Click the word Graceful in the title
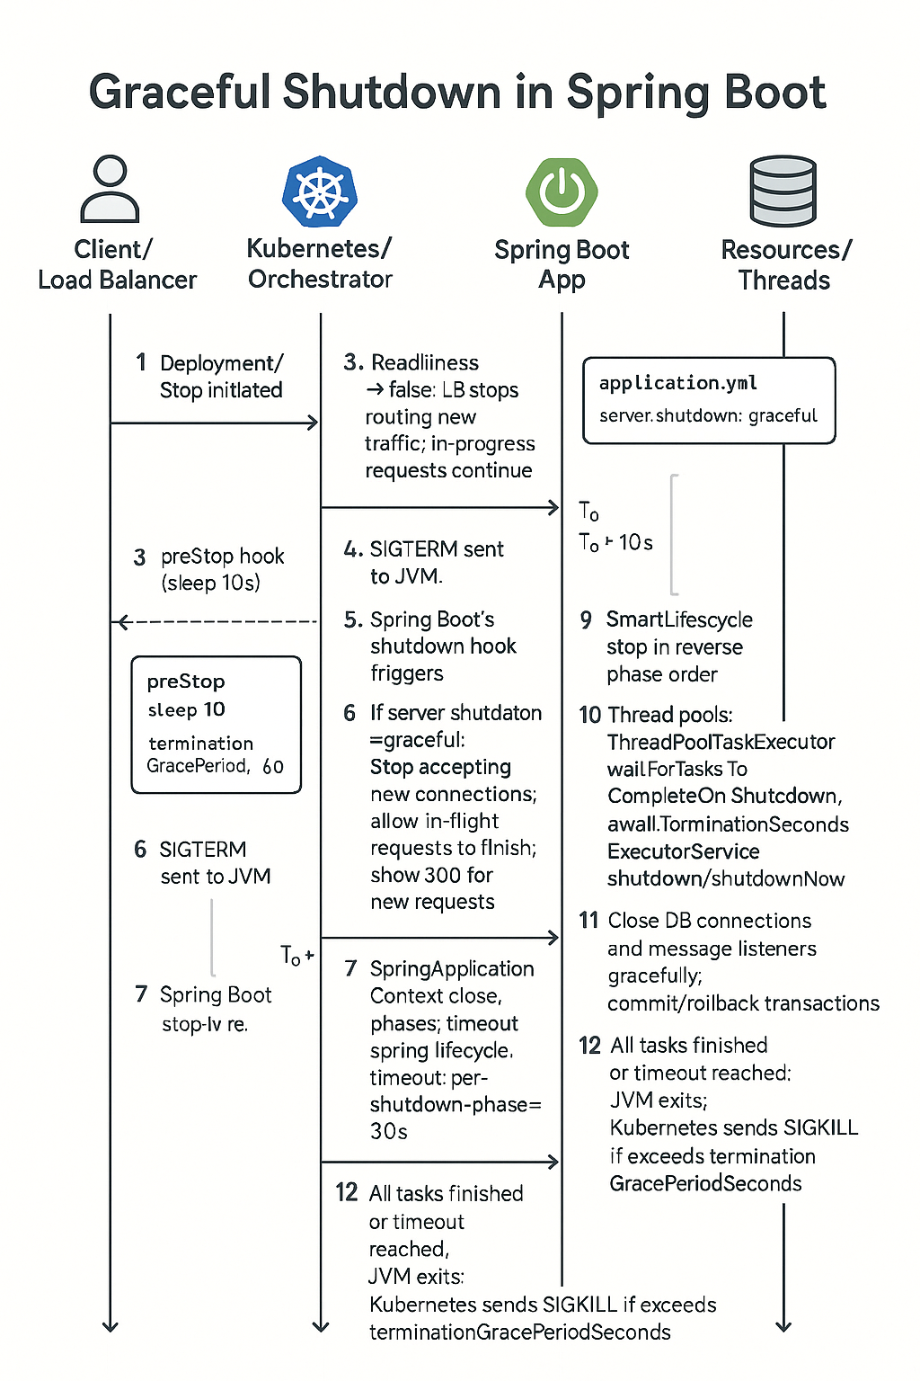pyautogui.click(x=179, y=92)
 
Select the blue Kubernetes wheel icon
pyautogui.click(x=320, y=191)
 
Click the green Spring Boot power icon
pyautogui.click(x=562, y=192)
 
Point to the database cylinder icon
pyautogui.click(x=783, y=191)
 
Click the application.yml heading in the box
pyautogui.click(x=678, y=383)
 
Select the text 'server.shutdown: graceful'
pyautogui.click(x=708, y=415)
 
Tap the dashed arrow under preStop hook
pyautogui.click(x=216, y=621)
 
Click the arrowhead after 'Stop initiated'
pyautogui.click(x=313, y=423)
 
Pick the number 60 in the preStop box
pyautogui.click(x=273, y=766)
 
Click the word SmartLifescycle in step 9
pyautogui.click(x=679, y=619)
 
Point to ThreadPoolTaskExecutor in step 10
pyautogui.click(x=721, y=742)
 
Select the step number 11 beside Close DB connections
pyautogui.click(x=588, y=921)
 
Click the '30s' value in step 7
pyautogui.click(x=389, y=1131)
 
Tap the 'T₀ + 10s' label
pyautogui.click(x=615, y=542)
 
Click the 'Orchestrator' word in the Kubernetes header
pyautogui.click(x=320, y=280)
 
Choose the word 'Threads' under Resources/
pyautogui.click(x=783, y=281)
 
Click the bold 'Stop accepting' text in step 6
pyautogui.click(x=440, y=767)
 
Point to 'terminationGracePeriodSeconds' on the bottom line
pyautogui.click(x=519, y=1332)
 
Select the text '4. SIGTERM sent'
pyautogui.click(x=424, y=549)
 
